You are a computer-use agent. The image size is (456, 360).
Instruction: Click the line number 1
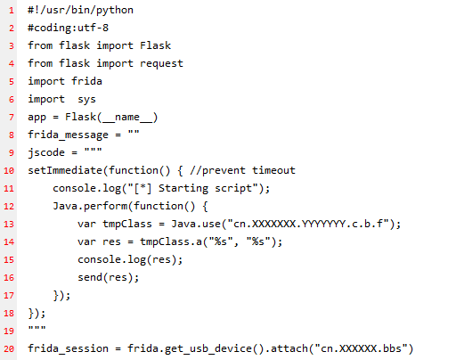(x=12, y=11)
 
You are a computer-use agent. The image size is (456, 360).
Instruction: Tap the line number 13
(x=9, y=225)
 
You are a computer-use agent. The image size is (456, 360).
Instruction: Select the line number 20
(x=9, y=349)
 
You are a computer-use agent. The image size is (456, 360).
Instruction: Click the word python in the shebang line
(x=115, y=11)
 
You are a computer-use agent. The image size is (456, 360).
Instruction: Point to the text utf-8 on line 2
(x=93, y=28)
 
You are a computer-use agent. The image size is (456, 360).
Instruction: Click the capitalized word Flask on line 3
(x=155, y=45)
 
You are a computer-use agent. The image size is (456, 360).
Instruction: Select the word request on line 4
(x=161, y=64)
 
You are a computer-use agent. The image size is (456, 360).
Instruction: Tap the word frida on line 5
(x=86, y=81)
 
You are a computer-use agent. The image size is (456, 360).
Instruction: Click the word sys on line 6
(x=86, y=100)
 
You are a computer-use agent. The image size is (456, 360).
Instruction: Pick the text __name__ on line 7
(x=127, y=118)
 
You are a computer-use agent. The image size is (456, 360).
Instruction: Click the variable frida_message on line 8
(x=68, y=135)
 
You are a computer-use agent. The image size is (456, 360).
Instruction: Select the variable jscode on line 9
(x=46, y=152)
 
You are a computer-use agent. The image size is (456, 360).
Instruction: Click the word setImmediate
(x=65, y=170)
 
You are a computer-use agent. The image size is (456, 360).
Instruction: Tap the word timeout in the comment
(x=273, y=170)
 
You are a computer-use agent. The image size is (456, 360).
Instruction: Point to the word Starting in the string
(x=183, y=189)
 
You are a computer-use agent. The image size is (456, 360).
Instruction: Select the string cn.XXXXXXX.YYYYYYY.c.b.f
(x=311, y=224)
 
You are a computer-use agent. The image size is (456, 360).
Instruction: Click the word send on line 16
(x=90, y=277)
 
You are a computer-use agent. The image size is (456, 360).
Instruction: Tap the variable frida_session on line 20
(x=68, y=348)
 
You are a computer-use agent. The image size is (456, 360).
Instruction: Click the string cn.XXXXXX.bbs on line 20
(x=361, y=348)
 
